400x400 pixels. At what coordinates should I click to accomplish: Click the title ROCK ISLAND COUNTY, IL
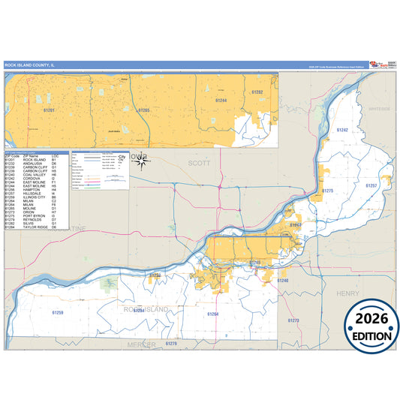click(x=31, y=65)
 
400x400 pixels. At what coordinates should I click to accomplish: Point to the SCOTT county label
click(x=199, y=162)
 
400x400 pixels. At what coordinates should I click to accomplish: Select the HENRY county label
click(x=348, y=293)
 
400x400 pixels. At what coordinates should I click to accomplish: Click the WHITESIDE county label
click(x=380, y=109)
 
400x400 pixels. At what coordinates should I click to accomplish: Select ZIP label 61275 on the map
click(x=327, y=191)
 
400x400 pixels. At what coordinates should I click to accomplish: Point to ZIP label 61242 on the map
click(x=342, y=130)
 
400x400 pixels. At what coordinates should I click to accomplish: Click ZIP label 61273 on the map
click(x=293, y=320)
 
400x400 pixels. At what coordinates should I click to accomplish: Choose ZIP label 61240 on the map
click(x=282, y=281)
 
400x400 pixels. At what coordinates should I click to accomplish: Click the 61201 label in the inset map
click(x=50, y=110)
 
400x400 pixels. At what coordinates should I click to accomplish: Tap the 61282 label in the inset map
click(x=257, y=92)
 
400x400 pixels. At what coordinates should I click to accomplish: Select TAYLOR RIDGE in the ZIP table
click(x=35, y=227)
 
